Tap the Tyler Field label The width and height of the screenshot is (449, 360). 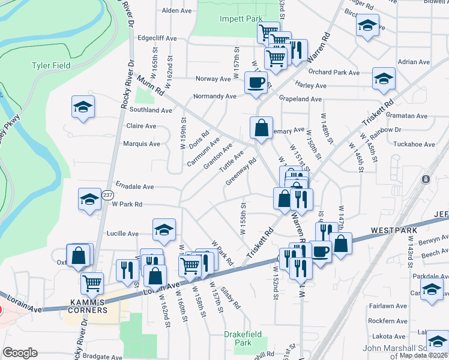[x=51, y=65]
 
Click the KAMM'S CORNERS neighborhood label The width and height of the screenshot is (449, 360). [x=88, y=305]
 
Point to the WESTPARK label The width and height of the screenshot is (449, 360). [x=391, y=230]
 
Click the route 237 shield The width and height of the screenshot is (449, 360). [x=107, y=195]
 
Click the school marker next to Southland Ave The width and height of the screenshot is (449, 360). [x=83, y=107]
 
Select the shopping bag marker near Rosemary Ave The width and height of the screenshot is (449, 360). [x=262, y=128]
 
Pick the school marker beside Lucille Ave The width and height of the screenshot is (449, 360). [x=164, y=229]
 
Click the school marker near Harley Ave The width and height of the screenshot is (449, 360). [x=384, y=78]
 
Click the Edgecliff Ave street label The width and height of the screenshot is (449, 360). [x=157, y=38]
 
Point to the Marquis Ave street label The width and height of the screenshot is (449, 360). [x=141, y=144]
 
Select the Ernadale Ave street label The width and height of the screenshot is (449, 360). [x=136, y=186]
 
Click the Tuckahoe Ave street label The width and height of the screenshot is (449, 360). [x=414, y=144]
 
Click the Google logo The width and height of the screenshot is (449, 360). [x=20, y=353]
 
